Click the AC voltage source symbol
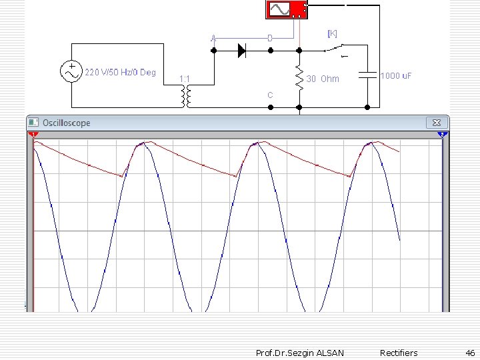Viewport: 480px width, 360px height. [70, 71]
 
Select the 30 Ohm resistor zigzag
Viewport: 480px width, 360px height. [299, 78]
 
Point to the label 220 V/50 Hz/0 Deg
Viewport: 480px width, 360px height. [120, 72]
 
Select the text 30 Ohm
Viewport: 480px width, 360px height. [323, 79]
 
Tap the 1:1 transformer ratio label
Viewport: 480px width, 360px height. [185, 79]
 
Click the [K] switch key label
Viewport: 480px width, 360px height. [331, 33]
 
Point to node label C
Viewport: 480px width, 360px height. [270, 95]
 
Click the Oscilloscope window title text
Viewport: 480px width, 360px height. [66, 123]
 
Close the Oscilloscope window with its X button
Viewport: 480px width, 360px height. [436, 123]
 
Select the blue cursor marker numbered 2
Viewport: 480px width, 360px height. [441, 135]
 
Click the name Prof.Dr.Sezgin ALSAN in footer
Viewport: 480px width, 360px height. [300, 353]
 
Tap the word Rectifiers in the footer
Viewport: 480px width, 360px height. [399, 353]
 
